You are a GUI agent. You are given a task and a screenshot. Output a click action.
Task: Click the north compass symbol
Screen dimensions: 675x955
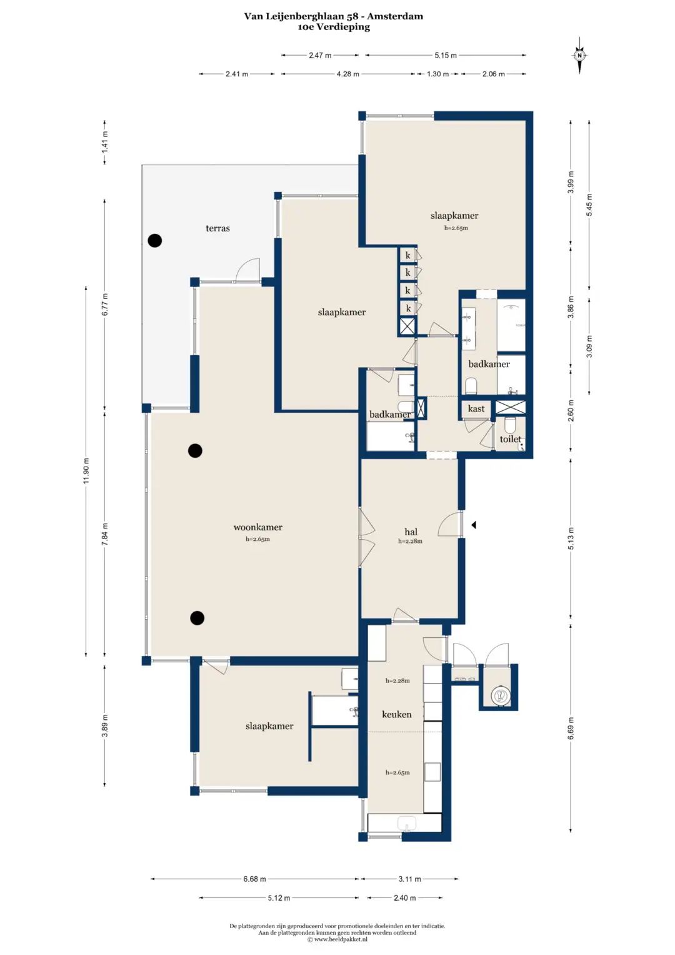pos(579,56)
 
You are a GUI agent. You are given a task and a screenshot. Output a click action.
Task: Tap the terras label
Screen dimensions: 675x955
pos(217,228)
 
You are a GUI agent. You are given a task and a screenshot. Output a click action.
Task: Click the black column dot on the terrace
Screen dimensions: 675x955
pos(155,240)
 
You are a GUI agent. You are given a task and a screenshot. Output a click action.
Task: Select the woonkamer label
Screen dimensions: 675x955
pos(257,527)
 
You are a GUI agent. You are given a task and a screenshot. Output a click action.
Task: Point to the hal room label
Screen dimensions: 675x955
pos(411,532)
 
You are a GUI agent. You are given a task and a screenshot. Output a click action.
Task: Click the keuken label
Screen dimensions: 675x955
pos(397,715)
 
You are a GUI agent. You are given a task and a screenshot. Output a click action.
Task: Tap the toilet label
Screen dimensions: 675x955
pos(510,439)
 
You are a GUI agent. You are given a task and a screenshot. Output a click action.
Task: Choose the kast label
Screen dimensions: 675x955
pos(476,408)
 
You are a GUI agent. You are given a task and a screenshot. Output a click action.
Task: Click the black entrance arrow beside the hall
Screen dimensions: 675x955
pos(473,525)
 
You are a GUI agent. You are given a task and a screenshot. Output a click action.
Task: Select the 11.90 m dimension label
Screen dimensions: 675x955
pos(86,471)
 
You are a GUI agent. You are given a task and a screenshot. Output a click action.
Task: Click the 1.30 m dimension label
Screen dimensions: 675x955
pos(437,74)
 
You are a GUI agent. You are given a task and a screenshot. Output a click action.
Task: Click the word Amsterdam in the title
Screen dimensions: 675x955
pos(395,16)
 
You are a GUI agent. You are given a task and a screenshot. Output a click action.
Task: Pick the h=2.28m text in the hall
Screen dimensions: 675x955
pos(411,542)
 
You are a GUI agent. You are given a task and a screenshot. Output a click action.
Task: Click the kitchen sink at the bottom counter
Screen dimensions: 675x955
pos(407,824)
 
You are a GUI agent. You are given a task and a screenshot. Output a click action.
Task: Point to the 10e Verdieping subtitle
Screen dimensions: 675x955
pos(334,27)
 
